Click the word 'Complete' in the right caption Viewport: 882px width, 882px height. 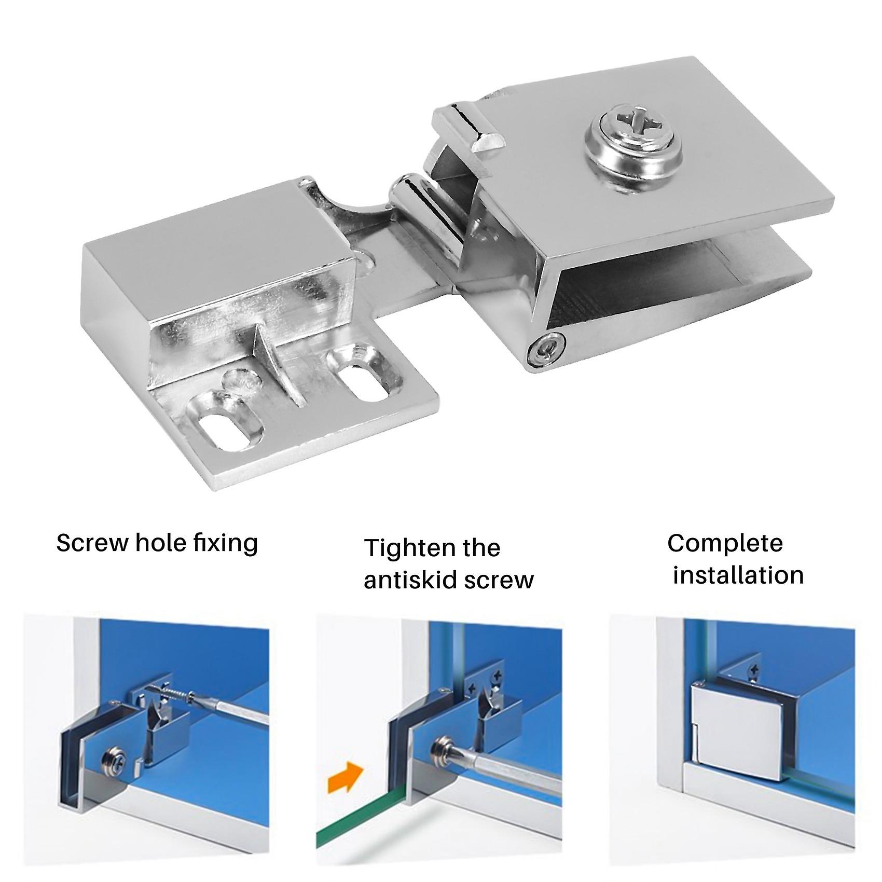[724, 543]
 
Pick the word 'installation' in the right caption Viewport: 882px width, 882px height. [738, 575]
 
